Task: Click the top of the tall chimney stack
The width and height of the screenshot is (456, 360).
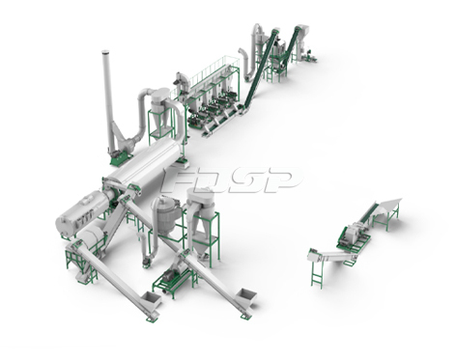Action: (x=105, y=52)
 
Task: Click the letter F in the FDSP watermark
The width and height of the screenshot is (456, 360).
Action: (x=177, y=180)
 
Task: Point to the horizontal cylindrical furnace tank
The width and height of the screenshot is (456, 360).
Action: (x=84, y=213)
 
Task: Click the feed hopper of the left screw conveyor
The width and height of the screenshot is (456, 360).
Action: (x=151, y=299)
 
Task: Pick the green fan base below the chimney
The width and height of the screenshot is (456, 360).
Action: (x=121, y=159)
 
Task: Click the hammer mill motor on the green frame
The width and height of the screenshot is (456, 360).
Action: (x=171, y=276)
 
